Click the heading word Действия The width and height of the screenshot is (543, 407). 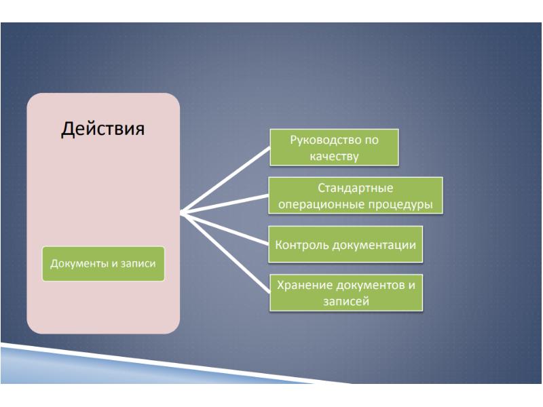click(103, 128)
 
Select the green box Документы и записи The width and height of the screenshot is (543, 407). click(103, 263)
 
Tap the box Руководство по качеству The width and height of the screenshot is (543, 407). click(335, 148)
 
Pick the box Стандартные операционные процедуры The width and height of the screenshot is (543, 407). click(356, 195)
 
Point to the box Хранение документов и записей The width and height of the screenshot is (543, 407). click(345, 292)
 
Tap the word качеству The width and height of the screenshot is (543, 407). click(334, 155)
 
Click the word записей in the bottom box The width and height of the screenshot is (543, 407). click(345, 300)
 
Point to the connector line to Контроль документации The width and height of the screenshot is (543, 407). click(227, 229)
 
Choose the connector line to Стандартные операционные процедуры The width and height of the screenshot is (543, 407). click(227, 203)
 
